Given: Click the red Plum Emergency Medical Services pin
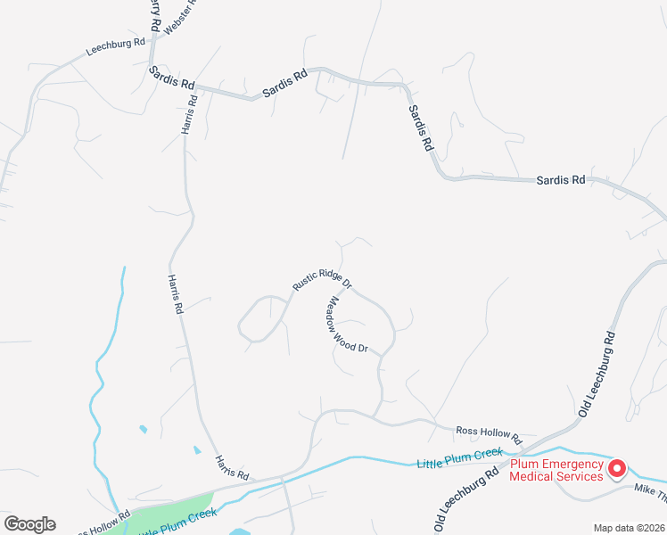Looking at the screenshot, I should click(616, 466).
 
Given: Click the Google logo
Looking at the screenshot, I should click(29, 524).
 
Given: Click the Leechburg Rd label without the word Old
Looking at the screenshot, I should click(115, 47).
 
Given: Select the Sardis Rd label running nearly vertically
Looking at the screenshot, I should click(420, 127).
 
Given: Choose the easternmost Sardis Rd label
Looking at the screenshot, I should click(561, 179).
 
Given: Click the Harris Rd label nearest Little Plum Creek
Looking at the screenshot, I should click(230, 467).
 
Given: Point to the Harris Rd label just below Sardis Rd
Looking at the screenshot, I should click(189, 113).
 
